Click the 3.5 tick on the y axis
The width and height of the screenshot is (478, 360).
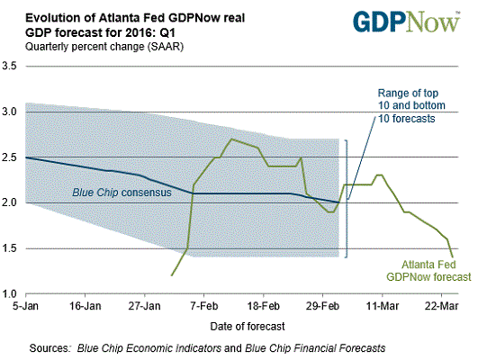12,67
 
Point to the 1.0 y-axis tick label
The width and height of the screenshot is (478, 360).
12,294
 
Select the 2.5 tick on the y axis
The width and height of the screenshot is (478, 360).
12,157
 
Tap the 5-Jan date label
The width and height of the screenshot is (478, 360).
24,306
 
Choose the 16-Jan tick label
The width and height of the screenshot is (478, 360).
84,306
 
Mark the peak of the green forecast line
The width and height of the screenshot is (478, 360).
231,139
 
